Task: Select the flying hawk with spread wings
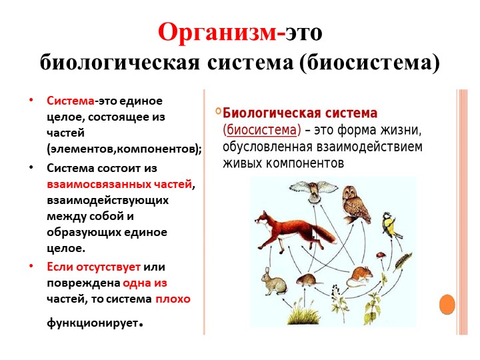(x=317, y=189)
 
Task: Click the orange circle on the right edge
(x=447, y=305)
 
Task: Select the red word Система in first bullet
(x=70, y=101)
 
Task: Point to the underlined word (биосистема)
(x=262, y=129)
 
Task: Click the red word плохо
(x=173, y=299)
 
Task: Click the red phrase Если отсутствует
(x=93, y=267)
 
